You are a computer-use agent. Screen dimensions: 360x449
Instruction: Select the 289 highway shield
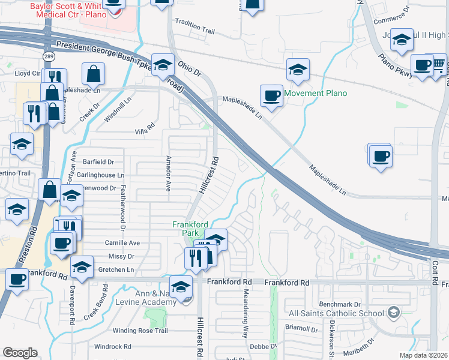point(47,56)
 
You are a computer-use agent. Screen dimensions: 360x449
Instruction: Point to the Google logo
point(19,353)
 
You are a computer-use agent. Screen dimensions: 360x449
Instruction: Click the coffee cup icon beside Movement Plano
point(272,95)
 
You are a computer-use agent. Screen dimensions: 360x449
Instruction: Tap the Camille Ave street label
point(122,243)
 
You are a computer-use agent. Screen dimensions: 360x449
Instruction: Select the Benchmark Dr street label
point(340,305)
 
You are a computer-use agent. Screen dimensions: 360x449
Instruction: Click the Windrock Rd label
point(112,346)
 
